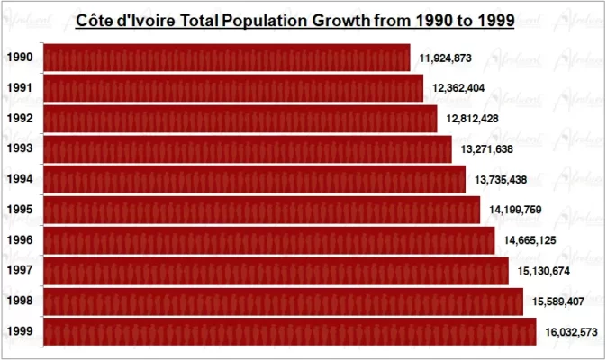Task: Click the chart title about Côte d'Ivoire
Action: tap(294, 20)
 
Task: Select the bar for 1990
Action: tap(226, 58)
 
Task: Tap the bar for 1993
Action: tap(247, 148)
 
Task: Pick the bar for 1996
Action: tap(268, 240)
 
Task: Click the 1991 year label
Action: tap(19, 88)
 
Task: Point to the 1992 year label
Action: tap(19, 119)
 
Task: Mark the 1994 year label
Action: tap(19, 179)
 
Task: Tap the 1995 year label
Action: tap(19, 210)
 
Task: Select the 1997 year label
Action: tap(19, 270)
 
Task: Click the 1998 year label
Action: tap(19, 301)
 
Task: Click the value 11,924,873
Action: tap(446, 58)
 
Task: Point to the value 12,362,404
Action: tap(458, 88)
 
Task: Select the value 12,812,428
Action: tap(472, 119)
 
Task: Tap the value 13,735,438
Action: tap(500, 180)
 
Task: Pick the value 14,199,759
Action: tap(515, 210)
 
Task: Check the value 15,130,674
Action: tap(544, 271)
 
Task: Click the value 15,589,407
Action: tap(557, 301)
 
